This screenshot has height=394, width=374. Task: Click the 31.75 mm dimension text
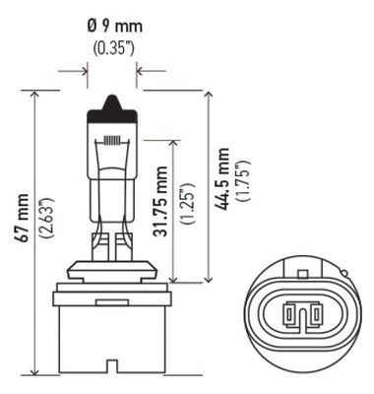[160, 206]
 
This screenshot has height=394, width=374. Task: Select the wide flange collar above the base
[111, 287]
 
